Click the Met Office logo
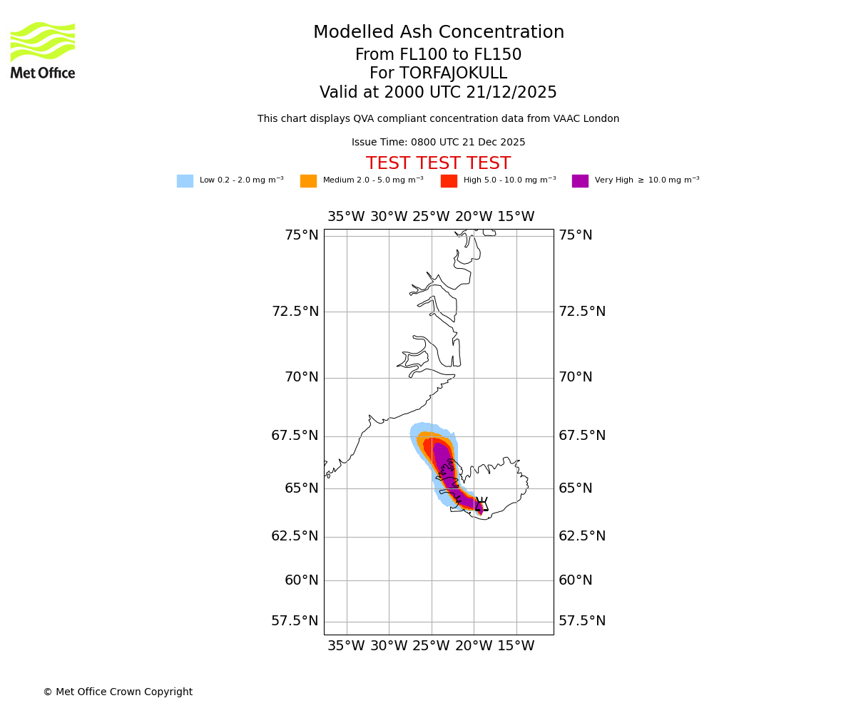(43, 50)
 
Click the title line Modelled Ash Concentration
(439, 33)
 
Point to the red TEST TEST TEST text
(439, 164)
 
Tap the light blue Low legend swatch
(185, 181)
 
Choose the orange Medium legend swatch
(308, 181)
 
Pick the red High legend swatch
(449, 181)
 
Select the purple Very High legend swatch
(580, 181)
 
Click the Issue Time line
(439, 143)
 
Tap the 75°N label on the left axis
(302, 235)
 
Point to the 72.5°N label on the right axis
(582, 312)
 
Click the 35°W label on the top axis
(346, 217)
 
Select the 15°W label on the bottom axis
(516, 646)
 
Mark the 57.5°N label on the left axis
(295, 621)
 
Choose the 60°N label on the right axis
(576, 580)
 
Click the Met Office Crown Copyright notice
(118, 692)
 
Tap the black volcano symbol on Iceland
(481, 505)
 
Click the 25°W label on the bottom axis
(431, 646)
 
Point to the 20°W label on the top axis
(474, 217)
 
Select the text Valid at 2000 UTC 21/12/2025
(439, 93)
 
